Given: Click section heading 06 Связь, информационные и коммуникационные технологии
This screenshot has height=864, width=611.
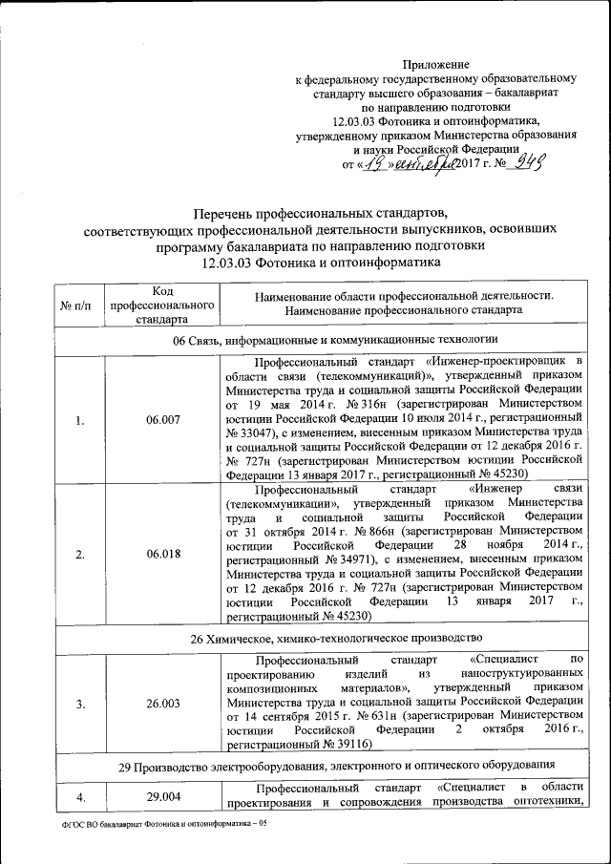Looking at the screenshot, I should click(320, 341).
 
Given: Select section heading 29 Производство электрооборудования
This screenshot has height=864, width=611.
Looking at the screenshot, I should click(320, 765).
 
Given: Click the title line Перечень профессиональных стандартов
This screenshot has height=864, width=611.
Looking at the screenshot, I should click(320, 214).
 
